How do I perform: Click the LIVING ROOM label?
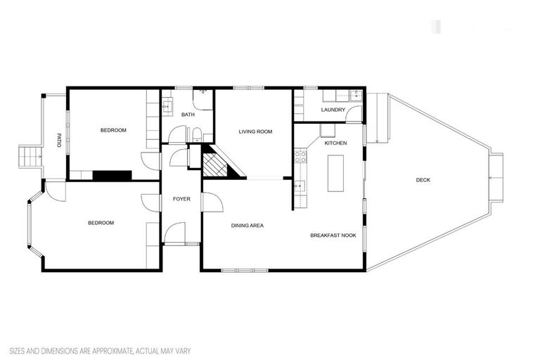[255, 131]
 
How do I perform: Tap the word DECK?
[423, 180]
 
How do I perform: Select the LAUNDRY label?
[333, 110]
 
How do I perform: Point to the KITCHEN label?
[335, 143]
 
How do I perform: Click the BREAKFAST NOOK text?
[333, 236]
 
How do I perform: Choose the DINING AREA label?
[247, 226]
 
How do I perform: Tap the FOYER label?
[181, 199]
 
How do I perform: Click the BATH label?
[188, 115]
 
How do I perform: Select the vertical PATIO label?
[60, 141]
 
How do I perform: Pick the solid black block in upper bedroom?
[112, 175]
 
